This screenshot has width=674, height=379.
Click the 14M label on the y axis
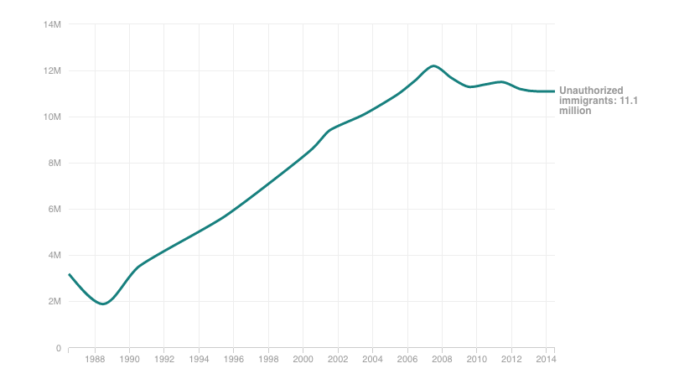[53, 24]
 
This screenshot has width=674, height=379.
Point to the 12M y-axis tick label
[53, 70]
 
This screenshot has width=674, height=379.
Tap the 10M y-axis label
[53, 117]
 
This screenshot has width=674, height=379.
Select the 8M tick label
[54, 163]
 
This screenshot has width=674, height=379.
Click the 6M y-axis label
[54, 209]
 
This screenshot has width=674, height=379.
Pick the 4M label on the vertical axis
[54, 255]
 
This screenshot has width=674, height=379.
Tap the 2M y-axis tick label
[54, 301]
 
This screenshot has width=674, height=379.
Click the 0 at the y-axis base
[59, 347]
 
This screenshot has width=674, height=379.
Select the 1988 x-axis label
[95, 360]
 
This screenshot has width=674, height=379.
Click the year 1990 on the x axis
[130, 360]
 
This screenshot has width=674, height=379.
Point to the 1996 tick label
[234, 360]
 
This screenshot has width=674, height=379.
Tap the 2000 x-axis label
[303, 360]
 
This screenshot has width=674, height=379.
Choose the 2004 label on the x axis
[372, 360]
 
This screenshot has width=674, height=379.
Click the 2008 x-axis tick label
[442, 360]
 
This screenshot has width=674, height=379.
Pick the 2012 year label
[511, 360]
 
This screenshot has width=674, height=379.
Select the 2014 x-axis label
[546, 360]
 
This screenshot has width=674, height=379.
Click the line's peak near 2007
[433, 65]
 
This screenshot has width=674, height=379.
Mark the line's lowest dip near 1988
[102, 304]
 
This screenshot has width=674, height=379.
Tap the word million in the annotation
[575, 111]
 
